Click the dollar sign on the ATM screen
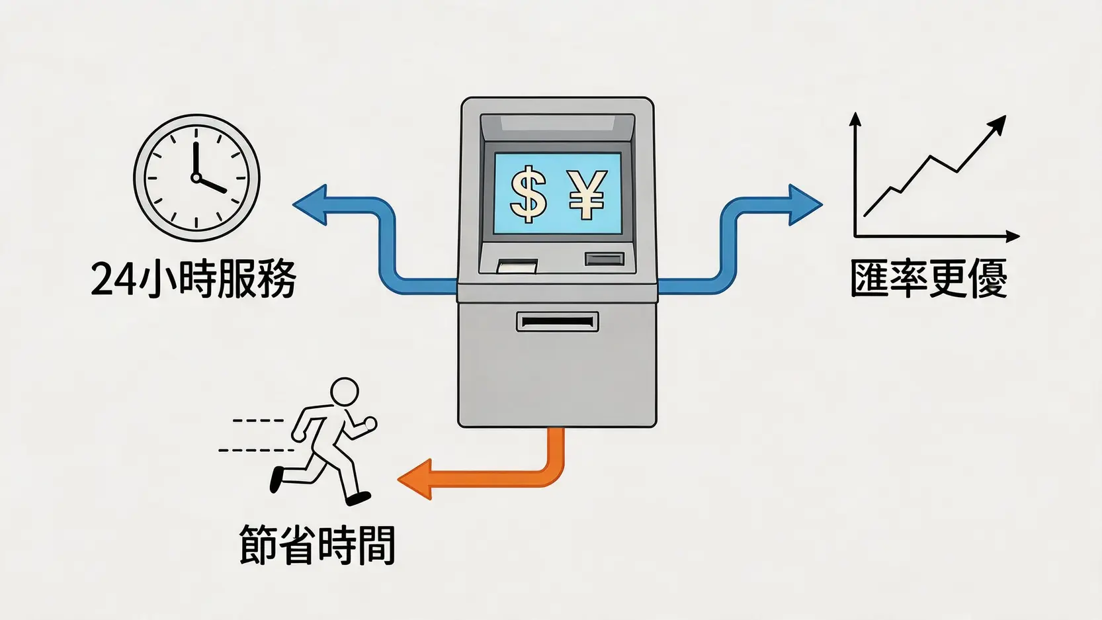click(x=529, y=195)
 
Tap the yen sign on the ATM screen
click(x=587, y=195)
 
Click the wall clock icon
click(x=196, y=178)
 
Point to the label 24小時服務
click(x=193, y=279)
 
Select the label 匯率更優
click(x=929, y=279)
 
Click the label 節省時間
click(x=317, y=545)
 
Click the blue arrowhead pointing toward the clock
click(x=310, y=205)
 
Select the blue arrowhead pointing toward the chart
click(x=804, y=205)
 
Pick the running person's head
click(x=344, y=392)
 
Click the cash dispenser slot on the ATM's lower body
click(x=557, y=322)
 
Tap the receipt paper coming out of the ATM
click(x=517, y=267)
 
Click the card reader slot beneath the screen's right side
click(x=605, y=259)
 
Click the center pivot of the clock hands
click(x=196, y=177)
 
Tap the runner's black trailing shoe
click(x=277, y=479)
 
